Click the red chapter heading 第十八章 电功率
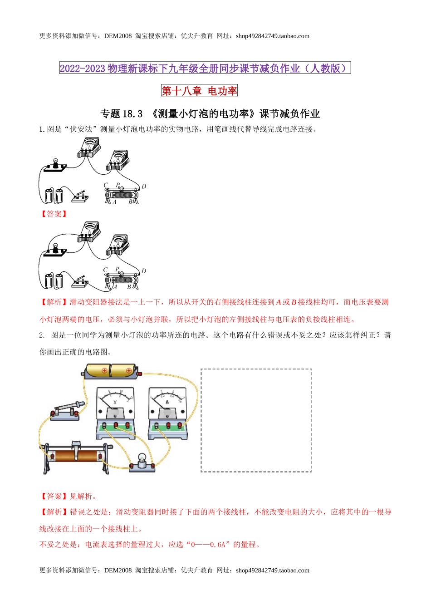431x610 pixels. pos(199,91)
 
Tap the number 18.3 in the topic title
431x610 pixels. pos(133,113)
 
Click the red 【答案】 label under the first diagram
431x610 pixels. pos(54,214)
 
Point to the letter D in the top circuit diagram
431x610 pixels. pos(144,186)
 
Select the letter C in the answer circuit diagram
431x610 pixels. pos(105,270)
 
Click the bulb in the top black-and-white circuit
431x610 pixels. pos(56,162)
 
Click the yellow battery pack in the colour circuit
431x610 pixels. pos(110,371)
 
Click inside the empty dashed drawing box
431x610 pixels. pos(256,420)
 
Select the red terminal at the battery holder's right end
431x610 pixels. pos(139,374)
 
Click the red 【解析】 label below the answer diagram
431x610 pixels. pos(54,302)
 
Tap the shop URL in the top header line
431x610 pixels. pos(272,36)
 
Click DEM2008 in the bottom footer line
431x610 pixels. pos(118,571)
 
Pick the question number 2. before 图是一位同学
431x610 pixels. pos(42,335)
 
